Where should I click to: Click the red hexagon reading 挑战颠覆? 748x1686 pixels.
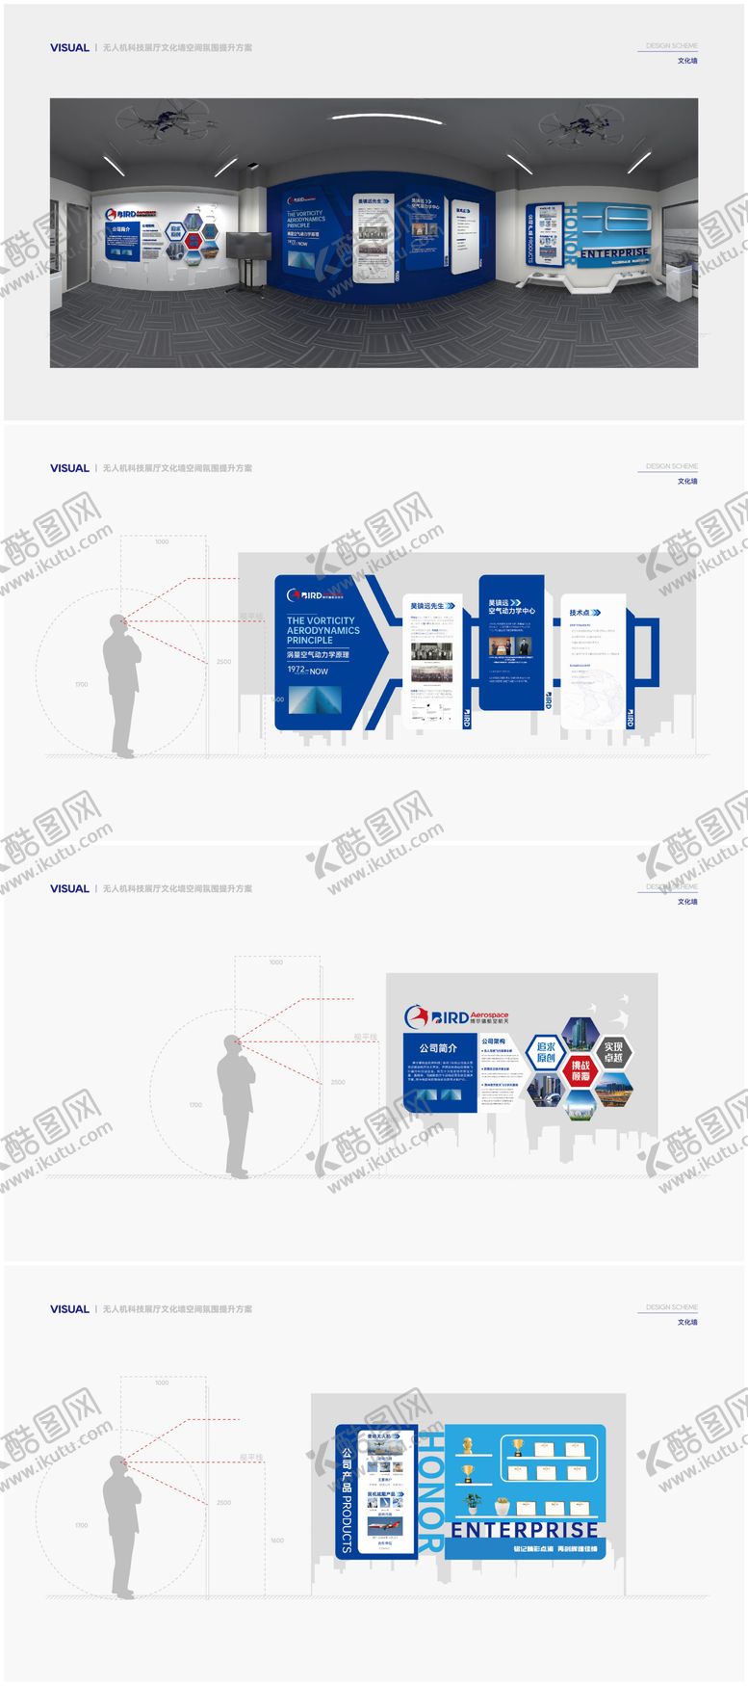[580, 1070]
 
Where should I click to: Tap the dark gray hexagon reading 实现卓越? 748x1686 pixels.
[613, 1052]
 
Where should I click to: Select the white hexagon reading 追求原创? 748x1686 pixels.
[546, 1052]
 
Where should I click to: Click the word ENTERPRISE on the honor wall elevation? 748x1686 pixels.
[525, 1530]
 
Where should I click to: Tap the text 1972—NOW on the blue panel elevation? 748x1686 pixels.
[307, 671]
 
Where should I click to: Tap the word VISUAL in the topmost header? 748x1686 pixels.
[69, 47]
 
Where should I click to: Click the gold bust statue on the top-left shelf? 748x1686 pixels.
[467, 1445]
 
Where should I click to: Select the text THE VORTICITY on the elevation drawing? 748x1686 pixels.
[320, 620]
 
